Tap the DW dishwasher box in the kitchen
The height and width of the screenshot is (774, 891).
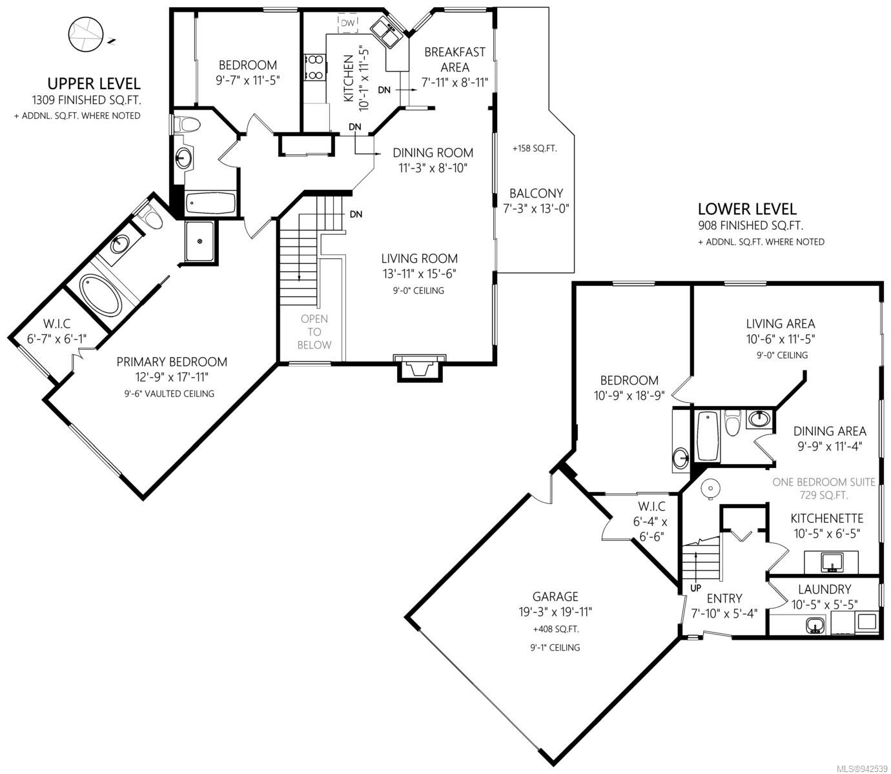pyautogui.click(x=347, y=23)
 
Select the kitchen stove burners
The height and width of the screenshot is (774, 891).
pyautogui.click(x=314, y=67)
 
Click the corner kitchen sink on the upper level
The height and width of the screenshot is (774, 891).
pyautogui.click(x=385, y=32)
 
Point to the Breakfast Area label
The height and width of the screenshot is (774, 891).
pyautogui.click(x=455, y=59)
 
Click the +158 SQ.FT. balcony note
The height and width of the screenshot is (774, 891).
pyautogui.click(x=535, y=148)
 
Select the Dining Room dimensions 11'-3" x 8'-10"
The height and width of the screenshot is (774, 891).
pyautogui.click(x=433, y=168)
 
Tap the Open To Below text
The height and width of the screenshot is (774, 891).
pyautogui.click(x=314, y=332)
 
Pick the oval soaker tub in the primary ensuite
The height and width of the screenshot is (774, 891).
pyautogui.click(x=101, y=296)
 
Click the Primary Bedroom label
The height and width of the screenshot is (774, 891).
pyautogui.click(x=172, y=362)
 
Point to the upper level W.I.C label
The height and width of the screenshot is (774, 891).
pyautogui.click(x=57, y=324)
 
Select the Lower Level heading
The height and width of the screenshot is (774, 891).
pyautogui.click(x=747, y=209)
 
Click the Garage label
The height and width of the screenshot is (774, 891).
pyautogui.click(x=555, y=596)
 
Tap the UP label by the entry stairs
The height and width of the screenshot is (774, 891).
pyautogui.click(x=695, y=588)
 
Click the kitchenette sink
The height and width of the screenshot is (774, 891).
pyautogui.click(x=832, y=562)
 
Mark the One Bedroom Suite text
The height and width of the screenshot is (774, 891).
pyautogui.click(x=823, y=482)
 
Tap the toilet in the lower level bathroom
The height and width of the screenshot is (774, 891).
pyautogui.click(x=732, y=423)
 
